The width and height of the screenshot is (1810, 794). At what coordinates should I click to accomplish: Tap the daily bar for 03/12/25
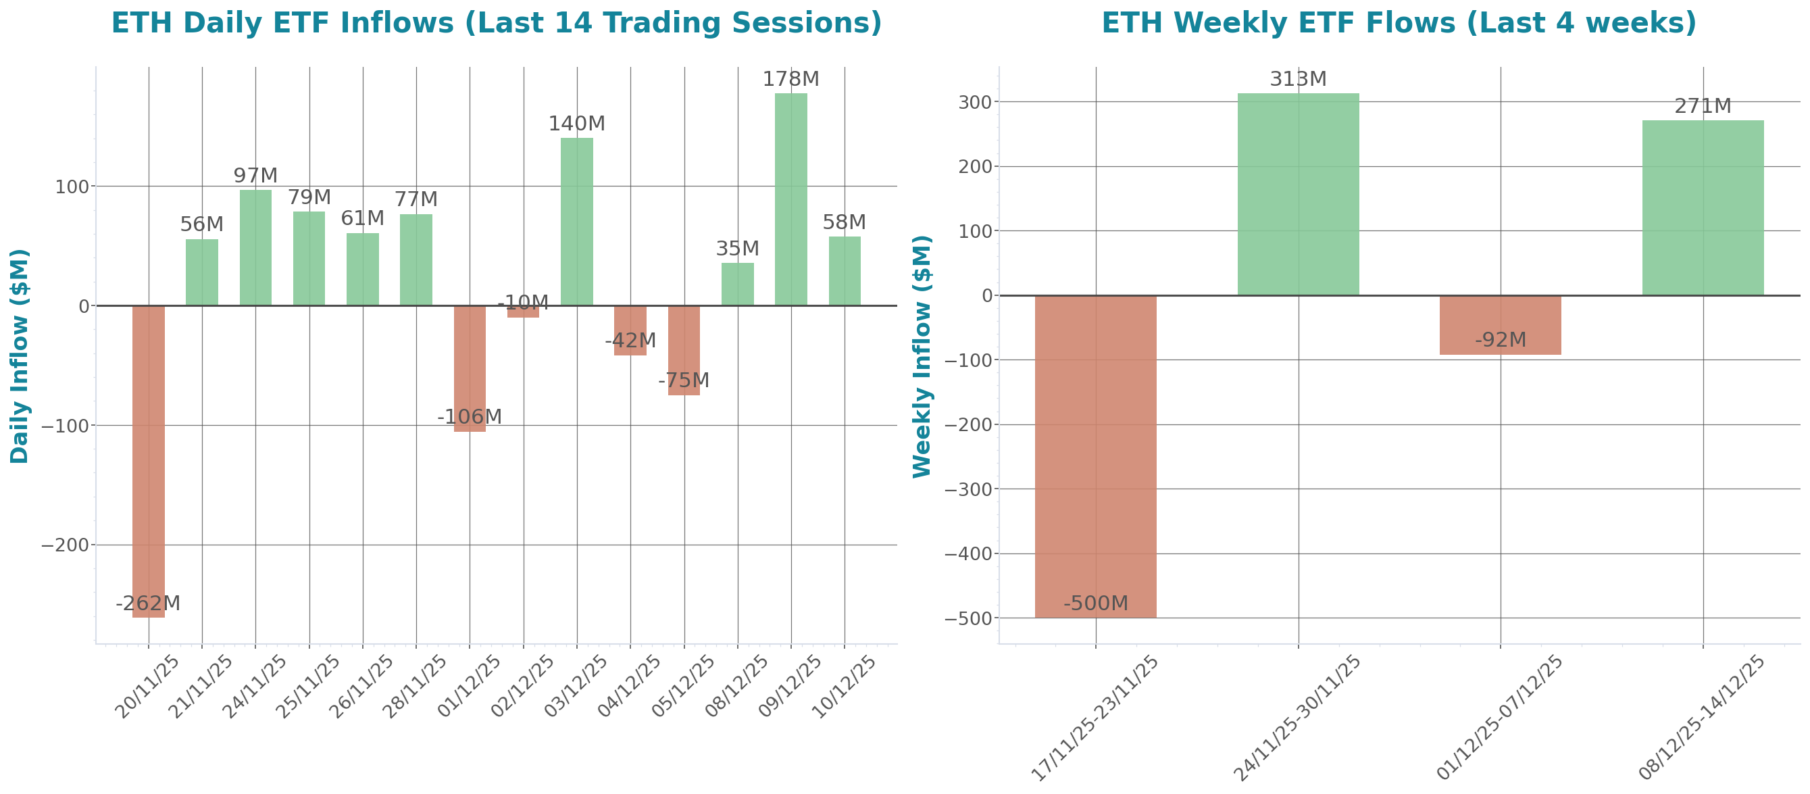tap(576, 222)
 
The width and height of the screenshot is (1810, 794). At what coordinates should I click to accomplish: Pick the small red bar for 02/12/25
tap(523, 312)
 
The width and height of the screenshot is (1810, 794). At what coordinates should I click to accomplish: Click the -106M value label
tap(469, 417)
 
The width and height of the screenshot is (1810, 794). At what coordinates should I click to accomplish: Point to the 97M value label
tap(255, 175)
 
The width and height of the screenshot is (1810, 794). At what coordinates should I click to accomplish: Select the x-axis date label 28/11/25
tap(414, 687)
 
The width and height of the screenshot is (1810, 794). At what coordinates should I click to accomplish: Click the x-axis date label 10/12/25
tap(843, 687)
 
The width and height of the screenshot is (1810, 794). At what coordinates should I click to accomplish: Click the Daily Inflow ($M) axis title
tap(20, 355)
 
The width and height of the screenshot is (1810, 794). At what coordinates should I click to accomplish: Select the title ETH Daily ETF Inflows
tap(496, 22)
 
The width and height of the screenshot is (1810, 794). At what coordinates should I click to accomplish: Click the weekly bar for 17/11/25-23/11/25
tap(1095, 457)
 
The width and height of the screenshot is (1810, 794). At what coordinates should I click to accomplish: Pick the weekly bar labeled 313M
tap(1298, 194)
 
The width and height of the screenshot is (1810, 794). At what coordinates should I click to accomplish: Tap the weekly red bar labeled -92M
tap(1500, 324)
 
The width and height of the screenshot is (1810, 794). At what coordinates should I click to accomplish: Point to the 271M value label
tap(1702, 106)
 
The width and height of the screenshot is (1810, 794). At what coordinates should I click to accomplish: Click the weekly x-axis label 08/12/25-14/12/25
tap(1701, 717)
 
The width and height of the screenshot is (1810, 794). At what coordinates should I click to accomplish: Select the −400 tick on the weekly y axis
tap(967, 553)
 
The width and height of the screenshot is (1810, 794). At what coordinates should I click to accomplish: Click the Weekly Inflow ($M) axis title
tap(921, 355)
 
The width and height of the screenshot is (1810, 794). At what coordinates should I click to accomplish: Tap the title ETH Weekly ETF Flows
tap(1399, 22)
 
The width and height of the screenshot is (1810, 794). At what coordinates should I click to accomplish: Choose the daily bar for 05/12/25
tap(683, 350)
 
